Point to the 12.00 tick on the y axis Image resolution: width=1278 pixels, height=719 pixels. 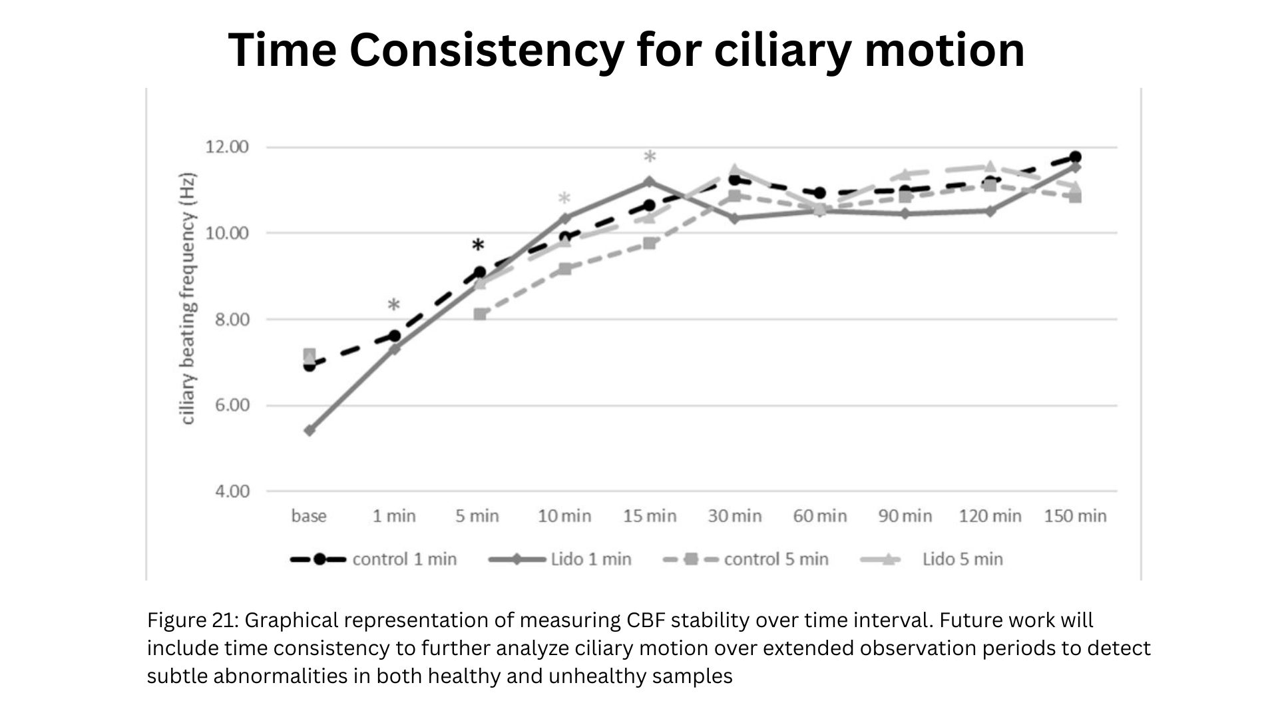227,147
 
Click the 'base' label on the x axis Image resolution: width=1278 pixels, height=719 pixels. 309,516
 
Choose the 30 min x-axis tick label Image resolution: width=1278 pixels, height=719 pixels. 735,516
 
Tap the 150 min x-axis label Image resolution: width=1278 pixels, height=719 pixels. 1075,516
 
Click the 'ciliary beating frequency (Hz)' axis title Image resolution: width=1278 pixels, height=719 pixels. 188,298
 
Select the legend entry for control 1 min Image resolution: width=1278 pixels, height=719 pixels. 373,559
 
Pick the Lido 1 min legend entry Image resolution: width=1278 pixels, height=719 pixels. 560,559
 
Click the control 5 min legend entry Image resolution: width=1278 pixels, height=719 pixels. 746,559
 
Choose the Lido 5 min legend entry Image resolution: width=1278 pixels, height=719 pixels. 932,559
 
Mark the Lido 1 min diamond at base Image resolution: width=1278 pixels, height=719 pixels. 310,430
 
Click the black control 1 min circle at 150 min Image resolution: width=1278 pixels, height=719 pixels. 1075,157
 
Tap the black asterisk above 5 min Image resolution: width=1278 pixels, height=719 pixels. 478,246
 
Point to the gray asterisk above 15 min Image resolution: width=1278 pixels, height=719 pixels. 650,157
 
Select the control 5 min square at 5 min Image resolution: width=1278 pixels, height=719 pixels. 480,314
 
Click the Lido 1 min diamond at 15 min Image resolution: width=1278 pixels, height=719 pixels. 650,182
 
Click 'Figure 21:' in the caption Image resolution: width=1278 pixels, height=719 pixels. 192,620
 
